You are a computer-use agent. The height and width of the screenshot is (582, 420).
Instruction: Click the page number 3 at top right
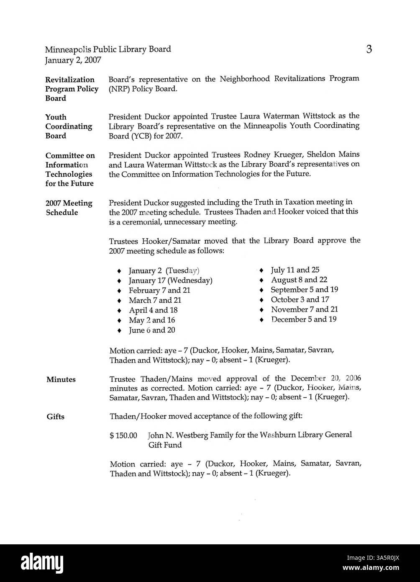coord(369,50)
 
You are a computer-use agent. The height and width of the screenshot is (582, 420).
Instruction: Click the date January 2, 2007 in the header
coord(73,60)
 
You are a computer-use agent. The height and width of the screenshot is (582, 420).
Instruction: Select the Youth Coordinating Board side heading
coord(69,126)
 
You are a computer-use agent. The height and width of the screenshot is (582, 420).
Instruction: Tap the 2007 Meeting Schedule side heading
coord(69,208)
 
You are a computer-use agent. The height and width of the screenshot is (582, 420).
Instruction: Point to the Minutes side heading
coord(61,380)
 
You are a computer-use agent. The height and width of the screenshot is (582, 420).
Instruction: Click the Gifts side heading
coord(55,417)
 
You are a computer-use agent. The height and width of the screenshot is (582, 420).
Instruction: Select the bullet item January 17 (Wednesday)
coord(170,281)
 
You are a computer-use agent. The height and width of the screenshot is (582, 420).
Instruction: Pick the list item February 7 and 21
coord(159,291)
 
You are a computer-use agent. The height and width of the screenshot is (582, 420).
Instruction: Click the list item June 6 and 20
coord(152,330)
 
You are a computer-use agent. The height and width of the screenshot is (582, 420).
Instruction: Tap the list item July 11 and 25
coord(295,270)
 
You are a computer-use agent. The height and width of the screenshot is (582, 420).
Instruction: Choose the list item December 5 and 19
coord(304,319)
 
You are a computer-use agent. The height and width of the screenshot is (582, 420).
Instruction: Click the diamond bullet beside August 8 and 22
coord(261,280)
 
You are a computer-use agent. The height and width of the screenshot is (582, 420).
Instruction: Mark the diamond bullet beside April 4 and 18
coord(120,311)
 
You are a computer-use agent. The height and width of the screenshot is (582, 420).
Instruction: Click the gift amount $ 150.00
coord(123,435)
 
